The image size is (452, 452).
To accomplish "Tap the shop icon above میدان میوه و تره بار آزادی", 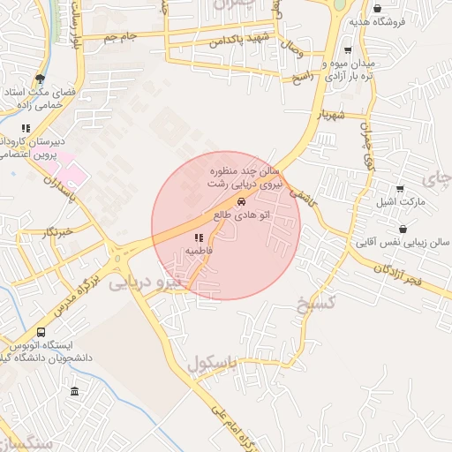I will [x=347, y=50].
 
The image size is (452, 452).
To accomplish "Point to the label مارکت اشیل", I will [x=401, y=203].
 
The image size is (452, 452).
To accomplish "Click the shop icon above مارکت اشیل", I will [x=400, y=189].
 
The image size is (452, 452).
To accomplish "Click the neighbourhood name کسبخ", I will [x=317, y=304].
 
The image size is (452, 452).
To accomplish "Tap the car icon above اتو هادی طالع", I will [x=242, y=200].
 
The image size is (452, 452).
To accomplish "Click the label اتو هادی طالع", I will [x=242, y=215].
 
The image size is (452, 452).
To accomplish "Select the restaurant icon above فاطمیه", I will [x=198, y=237].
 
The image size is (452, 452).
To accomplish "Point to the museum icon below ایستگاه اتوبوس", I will [x=74, y=391].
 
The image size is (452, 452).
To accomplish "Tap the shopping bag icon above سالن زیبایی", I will [x=403, y=229].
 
